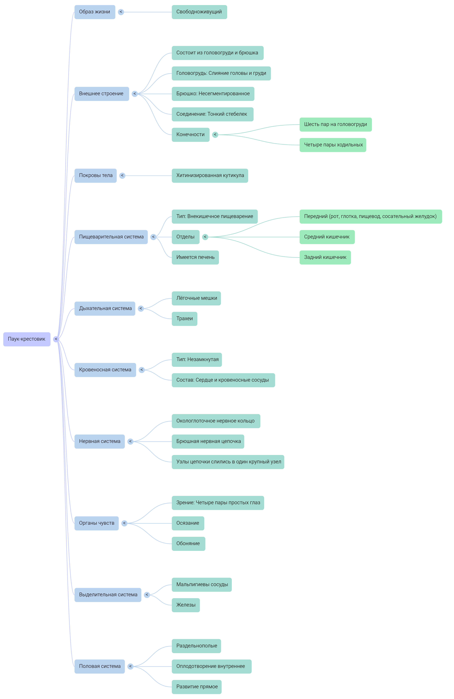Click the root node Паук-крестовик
coord(27,339)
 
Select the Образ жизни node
coord(95,12)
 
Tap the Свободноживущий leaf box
coord(199,12)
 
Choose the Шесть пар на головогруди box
coord(335,125)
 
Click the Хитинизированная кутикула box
coord(210,176)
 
